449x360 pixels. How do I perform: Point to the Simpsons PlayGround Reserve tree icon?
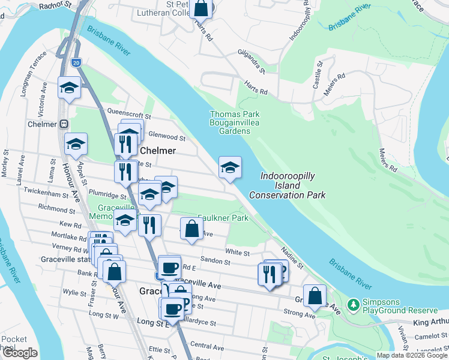pos(354,305)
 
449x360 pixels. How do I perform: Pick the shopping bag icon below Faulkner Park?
pos(191,229)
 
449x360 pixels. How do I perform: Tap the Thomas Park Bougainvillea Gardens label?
pos(234,122)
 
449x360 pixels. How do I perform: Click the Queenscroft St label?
pos(128,112)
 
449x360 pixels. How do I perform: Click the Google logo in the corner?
pos(20,353)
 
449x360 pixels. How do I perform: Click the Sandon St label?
pos(215,262)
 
